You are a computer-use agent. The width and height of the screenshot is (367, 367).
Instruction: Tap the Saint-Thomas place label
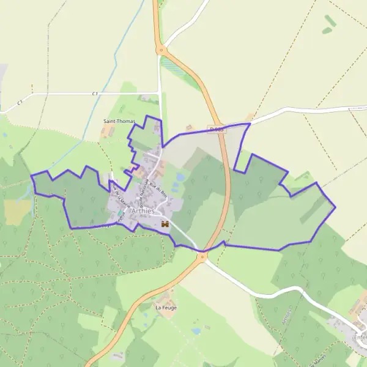coord(118,122)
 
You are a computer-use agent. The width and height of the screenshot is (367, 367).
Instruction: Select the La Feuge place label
coord(166,308)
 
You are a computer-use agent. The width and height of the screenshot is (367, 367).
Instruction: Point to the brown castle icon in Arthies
coord(164,224)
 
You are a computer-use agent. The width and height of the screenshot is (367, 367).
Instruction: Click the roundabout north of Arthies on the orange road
coord(161,50)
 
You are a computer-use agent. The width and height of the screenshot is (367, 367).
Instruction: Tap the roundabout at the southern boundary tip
coord(202,256)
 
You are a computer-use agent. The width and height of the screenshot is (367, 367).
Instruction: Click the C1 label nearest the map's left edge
coord(20,102)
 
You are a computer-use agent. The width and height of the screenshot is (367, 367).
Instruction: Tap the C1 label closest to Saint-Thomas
coord(95,94)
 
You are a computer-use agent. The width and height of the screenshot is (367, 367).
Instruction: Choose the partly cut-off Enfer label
coord(360,336)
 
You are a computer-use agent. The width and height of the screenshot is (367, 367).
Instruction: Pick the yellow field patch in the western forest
coord(17,211)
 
